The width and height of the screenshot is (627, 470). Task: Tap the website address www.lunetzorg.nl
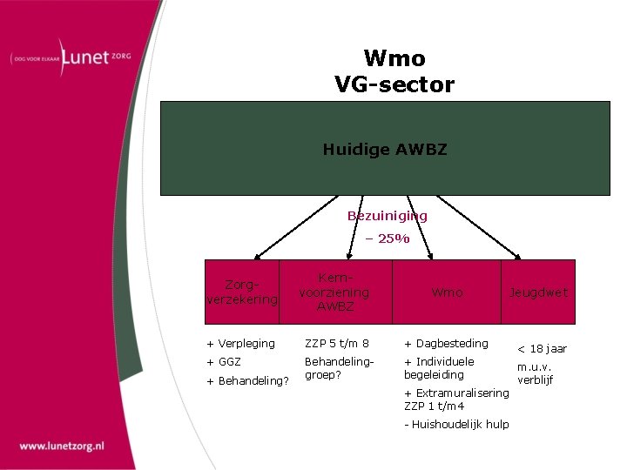(x=62, y=446)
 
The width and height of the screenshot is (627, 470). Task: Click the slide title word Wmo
(x=394, y=58)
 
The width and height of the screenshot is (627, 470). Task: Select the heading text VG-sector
(x=394, y=84)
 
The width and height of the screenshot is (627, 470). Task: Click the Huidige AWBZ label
(x=384, y=150)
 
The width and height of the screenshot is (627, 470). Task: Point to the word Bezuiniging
(x=388, y=216)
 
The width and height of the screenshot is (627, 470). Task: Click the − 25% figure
(x=388, y=238)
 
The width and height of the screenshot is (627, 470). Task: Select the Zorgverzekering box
(x=242, y=292)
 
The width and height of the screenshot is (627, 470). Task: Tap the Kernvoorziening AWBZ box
(x=335, y=292)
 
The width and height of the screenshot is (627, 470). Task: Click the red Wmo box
(x=447, y=292)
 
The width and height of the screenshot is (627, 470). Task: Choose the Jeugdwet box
(x=538, y=292)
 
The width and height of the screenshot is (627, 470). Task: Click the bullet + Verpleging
(x=240, y=344)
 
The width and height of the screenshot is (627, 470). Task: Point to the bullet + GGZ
(x=224, y=361)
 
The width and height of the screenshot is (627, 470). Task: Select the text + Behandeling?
(x=247, y=380)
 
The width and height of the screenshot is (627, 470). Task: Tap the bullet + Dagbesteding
(x=446, y=344)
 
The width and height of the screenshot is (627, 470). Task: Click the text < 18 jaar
(x=542, y=349)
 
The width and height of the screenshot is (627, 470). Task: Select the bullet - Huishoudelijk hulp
(x=456, y=424)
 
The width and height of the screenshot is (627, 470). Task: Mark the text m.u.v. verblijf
(x=536, y=373)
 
